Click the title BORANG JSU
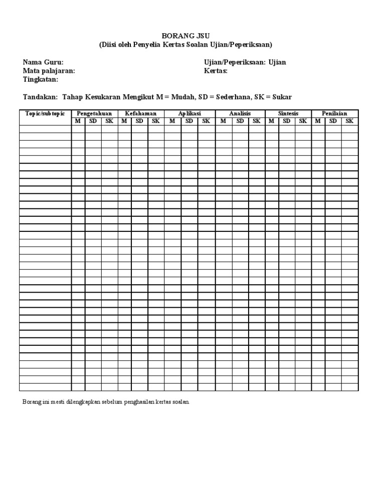pos(185,36)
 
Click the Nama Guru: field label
pos(43,62)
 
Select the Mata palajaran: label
pos(49,71)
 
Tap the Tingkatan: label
pos(41,79)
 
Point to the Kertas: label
pos(216,71)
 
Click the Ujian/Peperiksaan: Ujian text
pos(245,62)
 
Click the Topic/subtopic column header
pos(45,114)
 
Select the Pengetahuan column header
pos(94,114)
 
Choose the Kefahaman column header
pos(141,114)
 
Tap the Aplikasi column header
pos(189,114)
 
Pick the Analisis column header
pos(240,114)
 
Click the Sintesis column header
pos(288,114)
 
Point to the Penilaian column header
pos(334,114)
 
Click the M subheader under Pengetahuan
pos(78,121)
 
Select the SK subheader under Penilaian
pos(349,121)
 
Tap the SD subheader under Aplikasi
pos(189,121)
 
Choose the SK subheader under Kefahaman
pos(156,121)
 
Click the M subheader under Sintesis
pos(271,121)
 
